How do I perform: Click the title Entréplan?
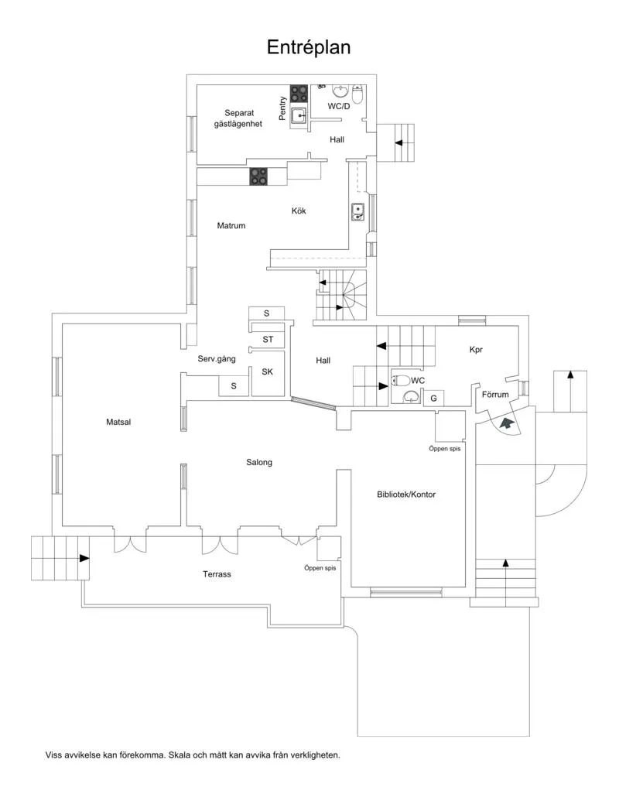click(x=309, y=47)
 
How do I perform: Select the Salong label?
click(x=259, y=462)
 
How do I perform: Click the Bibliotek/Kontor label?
click(x=406, y=494)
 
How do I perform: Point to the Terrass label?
click(x=217, y=574)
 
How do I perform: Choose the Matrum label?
click(x=231, y=226)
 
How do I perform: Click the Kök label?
click(x=299, y=211)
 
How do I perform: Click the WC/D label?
click(x=339, y=106)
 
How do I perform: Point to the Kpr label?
click(x=476, y=350)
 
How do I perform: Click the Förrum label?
click(x=495, y=395)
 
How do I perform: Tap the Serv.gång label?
click(x=217, y=359)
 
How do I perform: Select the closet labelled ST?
click(x=268, y=339)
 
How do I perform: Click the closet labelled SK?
click(x=267, y=371)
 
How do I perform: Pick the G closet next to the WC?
click(x=434, y=398)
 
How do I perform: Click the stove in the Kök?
click(x=258, y=177)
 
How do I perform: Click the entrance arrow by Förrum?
click(x=506, y=423)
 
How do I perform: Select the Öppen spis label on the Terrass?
click(x=320, y=567)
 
